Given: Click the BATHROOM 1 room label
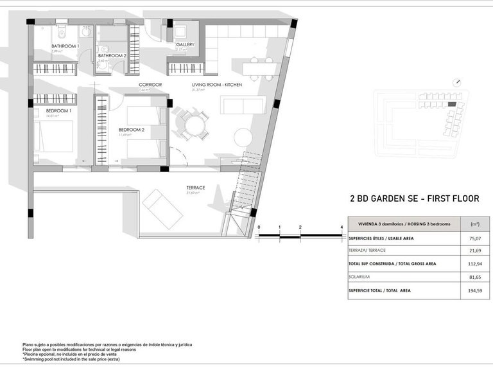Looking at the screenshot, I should point(65,46).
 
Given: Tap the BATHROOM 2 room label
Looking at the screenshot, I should point(112,56).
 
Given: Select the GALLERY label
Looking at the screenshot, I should point(185,45).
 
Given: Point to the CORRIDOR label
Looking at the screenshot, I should point(150,85).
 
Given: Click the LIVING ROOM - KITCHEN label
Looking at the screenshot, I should point(216,85).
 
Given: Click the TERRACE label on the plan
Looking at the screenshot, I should point(196,188).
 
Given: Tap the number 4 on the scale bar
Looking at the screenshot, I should point(342,227).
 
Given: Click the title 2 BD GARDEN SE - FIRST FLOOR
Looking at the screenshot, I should point(414,199).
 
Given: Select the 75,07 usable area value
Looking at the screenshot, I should point(475,238).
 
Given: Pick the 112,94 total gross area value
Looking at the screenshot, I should point(475,263).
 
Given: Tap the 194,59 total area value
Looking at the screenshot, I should point(475,291).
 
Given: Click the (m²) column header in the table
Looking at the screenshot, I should point(475,224).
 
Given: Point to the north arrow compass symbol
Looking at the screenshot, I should point(457,82).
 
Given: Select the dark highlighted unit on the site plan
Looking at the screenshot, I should point(453,104).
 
